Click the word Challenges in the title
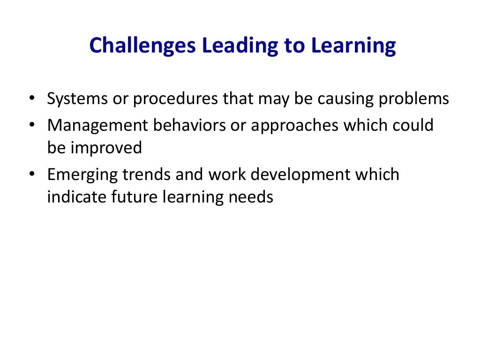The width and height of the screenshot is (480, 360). pos(142,45)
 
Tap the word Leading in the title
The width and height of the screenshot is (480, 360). pos(240,45)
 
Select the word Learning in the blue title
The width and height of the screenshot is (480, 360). pos(353,45)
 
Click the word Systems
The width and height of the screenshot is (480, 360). pos(77,99)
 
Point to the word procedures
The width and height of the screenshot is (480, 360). pos(175,99)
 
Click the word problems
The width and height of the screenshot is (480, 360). pos(414,99)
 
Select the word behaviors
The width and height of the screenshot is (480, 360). pos(189,125)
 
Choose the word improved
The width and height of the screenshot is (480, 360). pos(106,148)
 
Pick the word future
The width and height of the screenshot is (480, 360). pos(134,197)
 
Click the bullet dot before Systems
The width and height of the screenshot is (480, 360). pos(32,98)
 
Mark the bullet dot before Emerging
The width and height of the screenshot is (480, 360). pos(32,174)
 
